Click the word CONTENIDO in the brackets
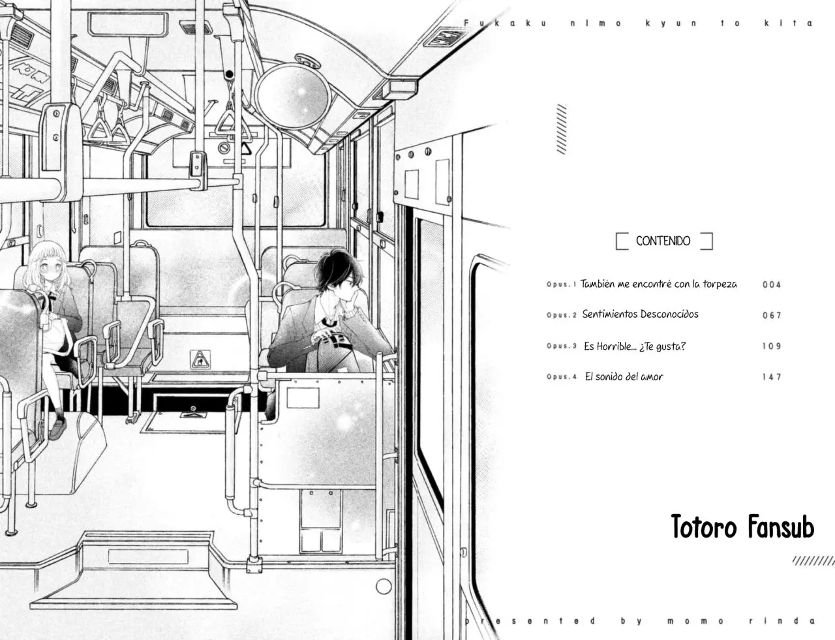(663, 241)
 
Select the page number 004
(772, 284)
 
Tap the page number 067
(772, 315)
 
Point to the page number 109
(772, 346)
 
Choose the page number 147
(772, 377)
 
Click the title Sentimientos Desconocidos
(640, 314)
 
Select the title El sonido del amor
(624, 376)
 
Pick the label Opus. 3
(562, 346)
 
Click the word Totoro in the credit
(704, 526)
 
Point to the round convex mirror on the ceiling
(293, 95)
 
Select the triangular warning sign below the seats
(200, 360)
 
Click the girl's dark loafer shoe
(57, 429)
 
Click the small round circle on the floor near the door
(384, 587)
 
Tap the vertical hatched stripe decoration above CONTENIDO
(562, 129)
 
